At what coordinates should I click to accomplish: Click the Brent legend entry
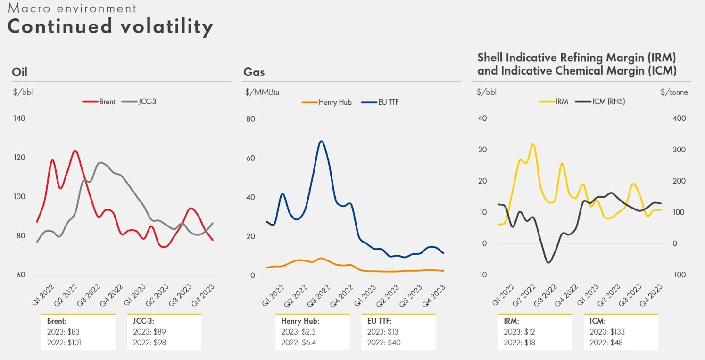tap(99, 102)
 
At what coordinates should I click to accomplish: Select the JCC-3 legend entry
tap(139, 102)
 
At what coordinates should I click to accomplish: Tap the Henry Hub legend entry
tap(326, 102)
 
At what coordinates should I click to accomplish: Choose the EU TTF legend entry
tap(380, 102)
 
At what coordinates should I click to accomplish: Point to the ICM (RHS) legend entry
tap(600, 102)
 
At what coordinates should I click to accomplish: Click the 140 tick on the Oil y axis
tap(19, 118)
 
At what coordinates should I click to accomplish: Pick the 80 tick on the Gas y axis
tap(250, 119)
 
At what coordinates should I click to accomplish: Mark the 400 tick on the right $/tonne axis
tap(679, 118)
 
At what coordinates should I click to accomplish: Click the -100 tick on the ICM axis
tap(679, 275)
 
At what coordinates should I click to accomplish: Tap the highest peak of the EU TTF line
tap(321, 141)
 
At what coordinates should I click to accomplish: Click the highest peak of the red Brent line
tap(75, 151)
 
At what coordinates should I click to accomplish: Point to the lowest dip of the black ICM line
tap(548, 262)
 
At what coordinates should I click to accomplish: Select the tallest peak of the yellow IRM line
tap(533, 144)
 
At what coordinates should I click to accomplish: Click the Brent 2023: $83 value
tap(63, 332)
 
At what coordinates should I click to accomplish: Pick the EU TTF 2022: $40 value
tap(384, 343)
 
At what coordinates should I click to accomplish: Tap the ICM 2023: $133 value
tap(607, 332)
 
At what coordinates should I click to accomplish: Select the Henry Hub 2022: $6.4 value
tap(299, 343)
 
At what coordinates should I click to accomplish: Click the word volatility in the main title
tap(167, 27)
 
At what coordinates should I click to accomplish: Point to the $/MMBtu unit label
tap(262, 92)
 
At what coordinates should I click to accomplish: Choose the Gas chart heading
tap(254, 72)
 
